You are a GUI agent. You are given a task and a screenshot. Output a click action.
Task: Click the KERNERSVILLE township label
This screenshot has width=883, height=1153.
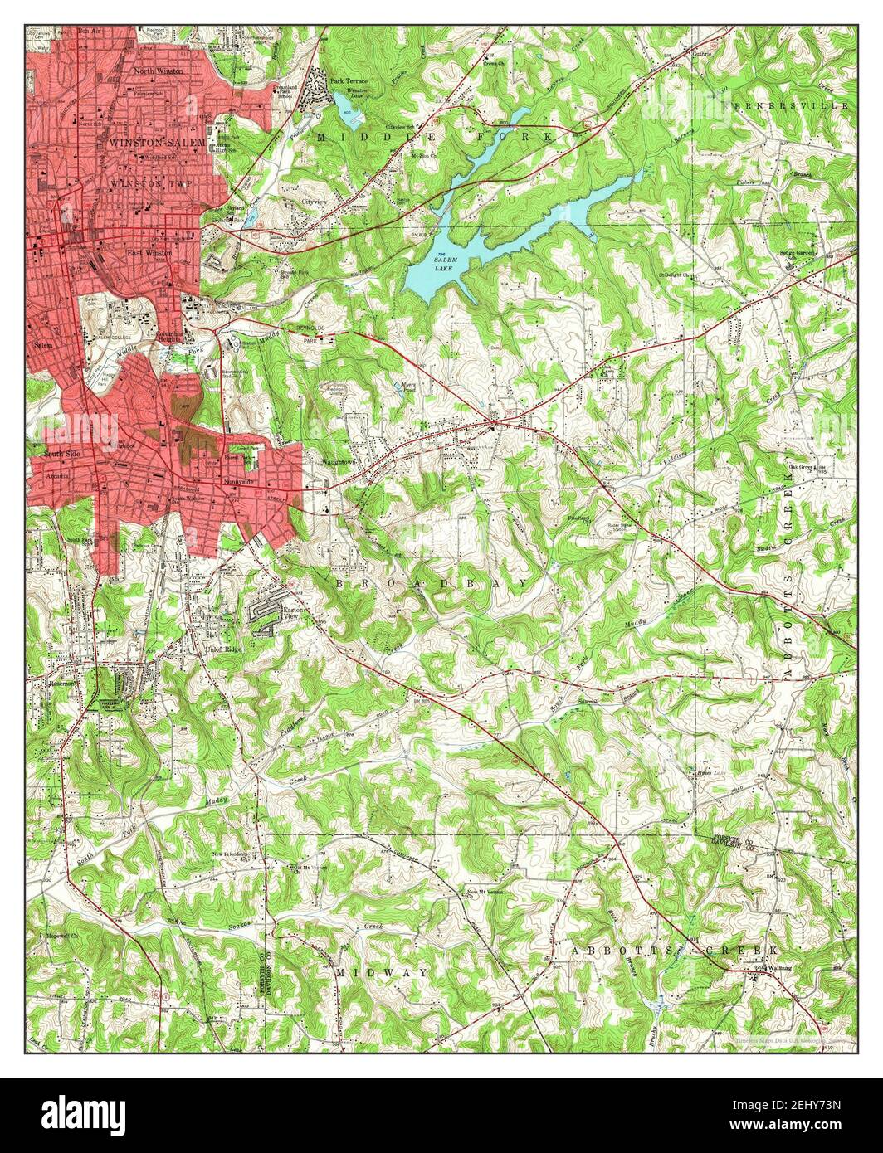point(784,107)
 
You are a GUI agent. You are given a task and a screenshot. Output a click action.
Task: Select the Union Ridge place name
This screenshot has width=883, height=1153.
point(223,649)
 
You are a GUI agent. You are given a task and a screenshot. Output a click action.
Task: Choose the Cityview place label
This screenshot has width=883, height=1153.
point(315,202)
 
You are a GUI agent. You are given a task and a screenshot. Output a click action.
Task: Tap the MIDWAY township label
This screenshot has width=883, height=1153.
point(383,971)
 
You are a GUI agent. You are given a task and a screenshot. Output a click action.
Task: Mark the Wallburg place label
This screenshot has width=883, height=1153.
point(773,966)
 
